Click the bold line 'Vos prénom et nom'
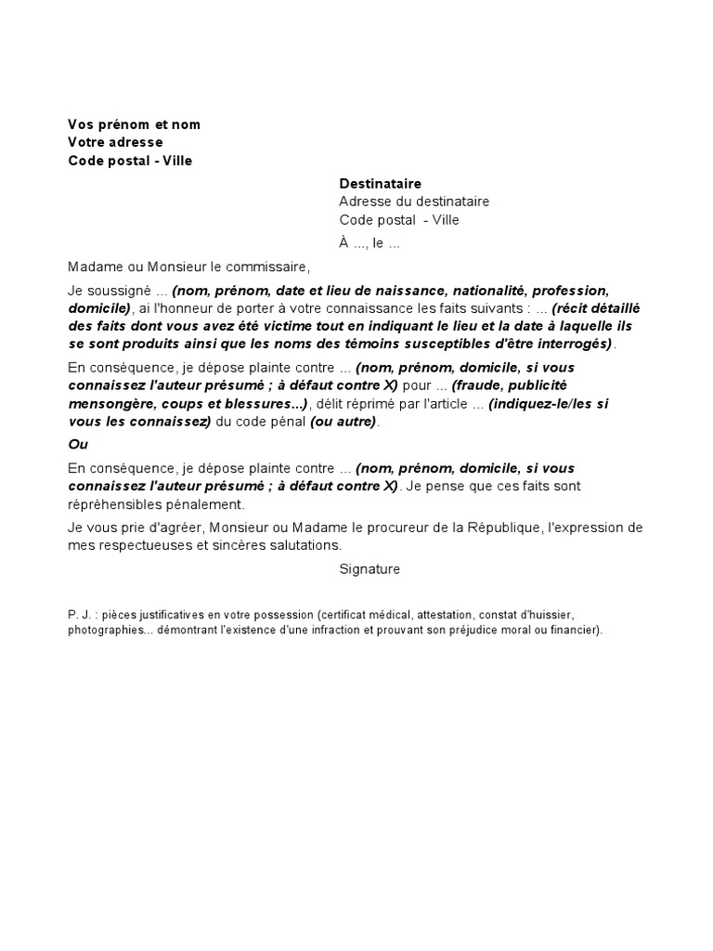point(134,124)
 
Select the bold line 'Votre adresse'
point(115,142)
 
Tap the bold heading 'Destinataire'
point(381,184)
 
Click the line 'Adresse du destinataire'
point(414,202)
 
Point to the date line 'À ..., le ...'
point(369,243)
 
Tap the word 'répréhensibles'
point(112,504)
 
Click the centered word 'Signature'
point(369,569)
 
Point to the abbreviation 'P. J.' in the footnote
point(81,615)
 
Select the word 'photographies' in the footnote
point(102,629)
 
